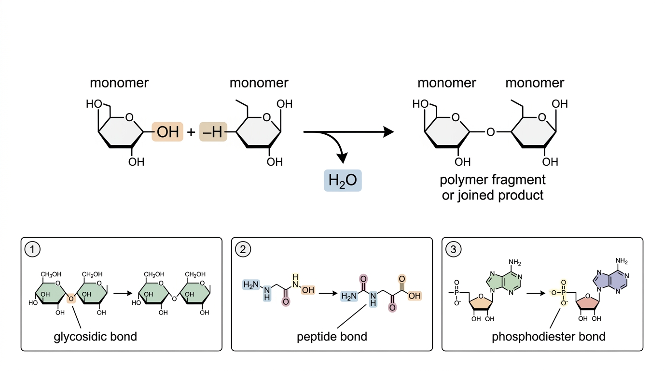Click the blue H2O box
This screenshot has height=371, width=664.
coord(343,181)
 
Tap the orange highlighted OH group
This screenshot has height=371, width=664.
coord(167,131)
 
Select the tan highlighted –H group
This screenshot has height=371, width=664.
coord(213,131)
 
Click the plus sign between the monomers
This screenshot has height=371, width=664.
coord(191,132)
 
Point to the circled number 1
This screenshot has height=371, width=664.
coord(32,249)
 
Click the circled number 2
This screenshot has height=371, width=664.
coord(243,249)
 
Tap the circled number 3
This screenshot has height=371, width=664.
coord(453,249)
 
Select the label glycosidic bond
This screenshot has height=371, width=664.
coord(96,337)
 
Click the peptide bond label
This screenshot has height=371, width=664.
coord(332,337)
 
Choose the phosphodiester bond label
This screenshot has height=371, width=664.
coord(549,337)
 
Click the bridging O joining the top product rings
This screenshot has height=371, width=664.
coord(491,132)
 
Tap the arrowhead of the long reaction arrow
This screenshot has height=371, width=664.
coord(388,132)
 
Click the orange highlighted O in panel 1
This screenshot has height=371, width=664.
coord(71,299)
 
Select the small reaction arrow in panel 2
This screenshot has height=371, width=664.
coord(328,294)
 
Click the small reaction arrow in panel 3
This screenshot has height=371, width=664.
coord(536,294)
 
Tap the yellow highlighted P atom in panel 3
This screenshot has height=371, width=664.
coord(564,293)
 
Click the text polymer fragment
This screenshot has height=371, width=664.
coord(493,180)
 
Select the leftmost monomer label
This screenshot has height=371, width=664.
coord(119,83)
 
